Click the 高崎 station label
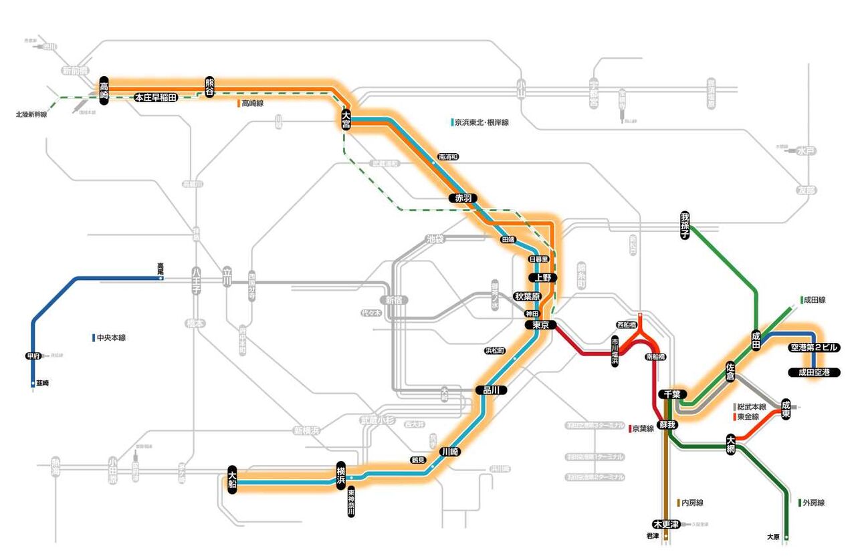[104, 89]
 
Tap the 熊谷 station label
[210, 88]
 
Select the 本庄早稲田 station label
[156, 98]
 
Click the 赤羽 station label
[463, 198]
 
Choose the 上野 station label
[542, 277]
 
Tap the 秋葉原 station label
[531, 296]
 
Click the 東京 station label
[540, 325]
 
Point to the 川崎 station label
[449, 452]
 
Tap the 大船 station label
[232, 478]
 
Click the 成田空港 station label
[814, 372]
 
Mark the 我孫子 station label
[685, 226]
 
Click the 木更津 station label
[666, 523]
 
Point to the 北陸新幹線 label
[31, 114]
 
